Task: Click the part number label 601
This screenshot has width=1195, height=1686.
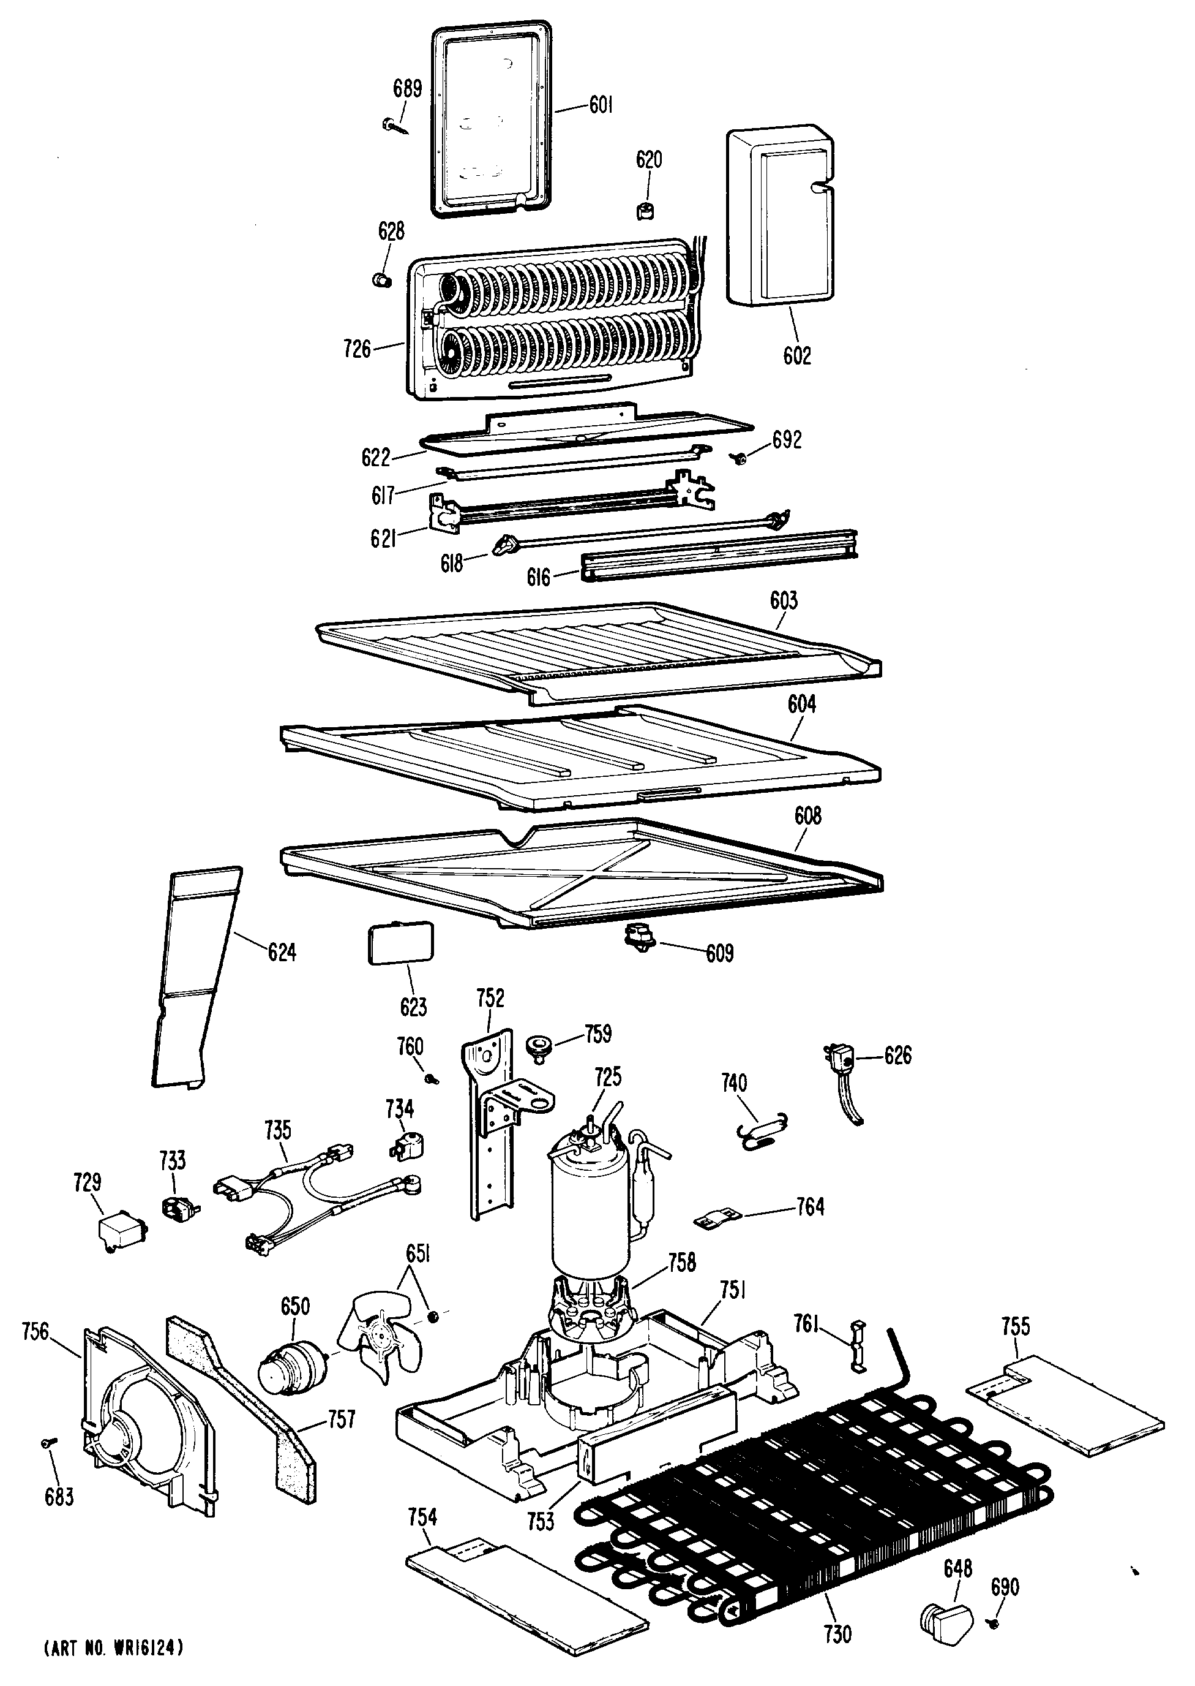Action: pyautogui.click(x=601, y=106)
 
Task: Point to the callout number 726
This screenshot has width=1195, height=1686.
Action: pyautogui.click(x=358, y=348)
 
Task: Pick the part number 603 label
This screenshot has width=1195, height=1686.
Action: pyautogui.click(x=784, y=601)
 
